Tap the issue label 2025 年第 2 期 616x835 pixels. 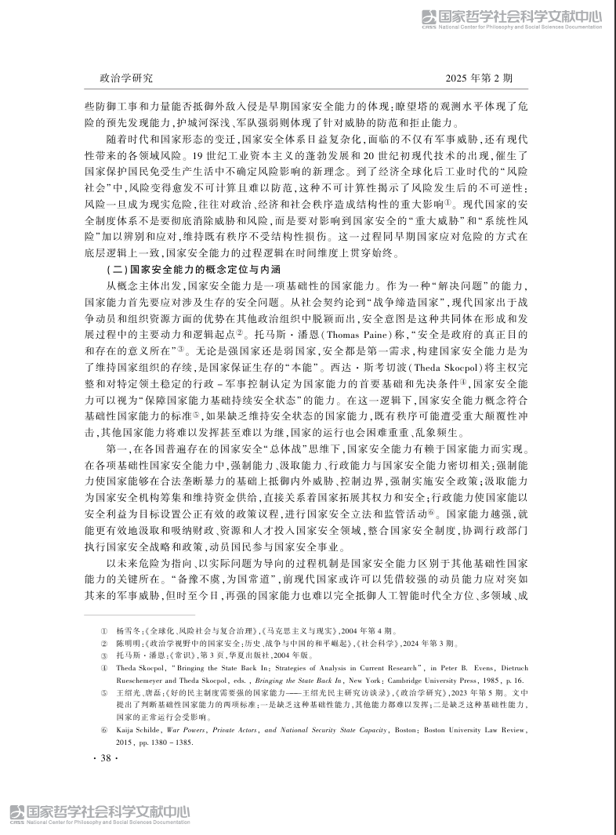coord(478,78)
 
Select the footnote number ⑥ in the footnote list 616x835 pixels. coord(103,730)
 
